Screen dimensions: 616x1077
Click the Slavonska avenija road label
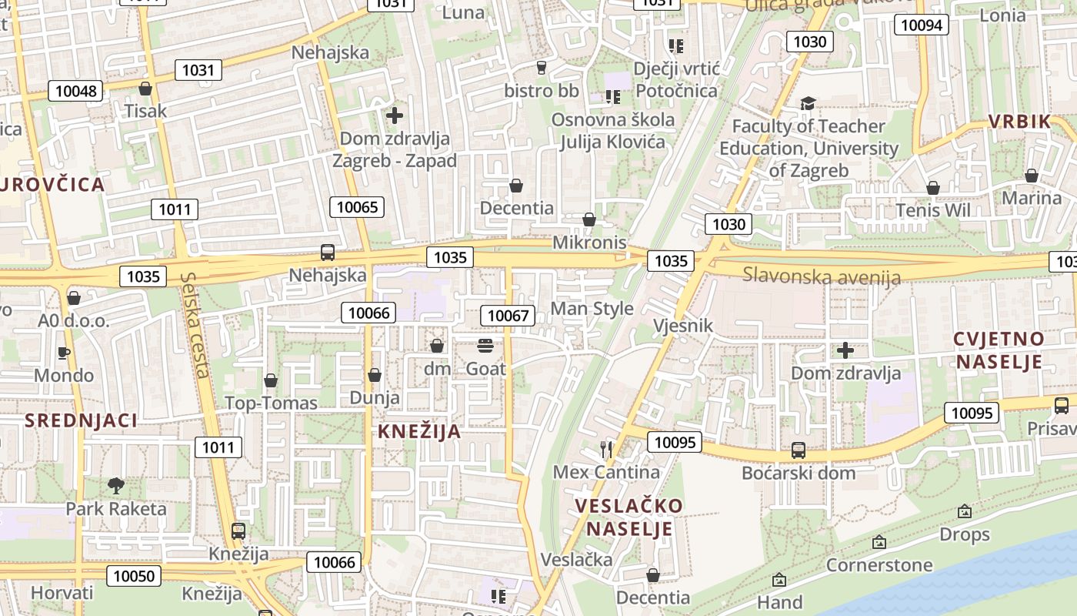(x=821, y=276)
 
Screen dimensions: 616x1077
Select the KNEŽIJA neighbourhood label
(x=419, y=431)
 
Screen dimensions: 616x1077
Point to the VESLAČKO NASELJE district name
(x=629, y=517)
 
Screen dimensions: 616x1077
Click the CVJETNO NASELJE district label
(x=998, y=350)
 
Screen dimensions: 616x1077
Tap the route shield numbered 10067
(x=508, y=315)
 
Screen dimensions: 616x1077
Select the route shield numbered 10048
(x=76, y=91)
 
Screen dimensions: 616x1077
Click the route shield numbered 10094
(x=921, y=25)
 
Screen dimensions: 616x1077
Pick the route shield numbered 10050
(x=134, y=575)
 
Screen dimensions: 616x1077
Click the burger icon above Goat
(x=485, y=345)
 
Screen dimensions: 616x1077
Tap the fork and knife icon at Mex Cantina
(x=606, y=448)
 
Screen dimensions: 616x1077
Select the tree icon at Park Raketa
(x=116, y=485)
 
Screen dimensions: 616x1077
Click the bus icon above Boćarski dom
(x=799, y=450)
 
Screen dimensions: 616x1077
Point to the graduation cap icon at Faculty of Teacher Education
(x=807, y=103)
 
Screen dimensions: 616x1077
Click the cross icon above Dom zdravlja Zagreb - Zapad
(x=395, y=115)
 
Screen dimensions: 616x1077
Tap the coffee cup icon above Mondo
(x=64, y=353)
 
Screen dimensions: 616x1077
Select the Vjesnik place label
(x=682, y=326)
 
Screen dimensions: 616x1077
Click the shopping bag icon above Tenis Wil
(x=933, y=187)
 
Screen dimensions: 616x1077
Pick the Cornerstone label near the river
(x=879, y=565)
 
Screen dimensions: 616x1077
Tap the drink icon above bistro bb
(x=541, y=68)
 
